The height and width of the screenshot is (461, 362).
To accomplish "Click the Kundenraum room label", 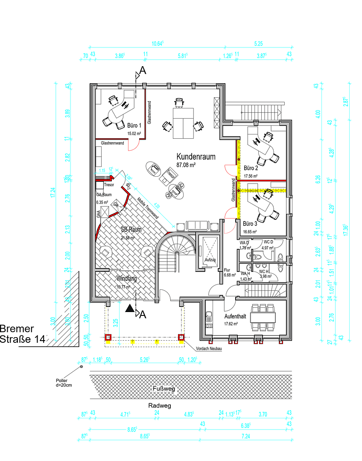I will coord(196,157).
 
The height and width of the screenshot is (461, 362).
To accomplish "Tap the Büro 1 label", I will coord(134,126).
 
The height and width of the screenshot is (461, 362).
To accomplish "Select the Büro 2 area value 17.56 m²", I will coord(251,176).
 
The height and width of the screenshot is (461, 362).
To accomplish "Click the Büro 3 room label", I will coord(250,223).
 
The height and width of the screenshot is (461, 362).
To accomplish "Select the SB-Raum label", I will coord(131,230).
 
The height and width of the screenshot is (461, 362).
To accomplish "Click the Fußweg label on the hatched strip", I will coord(164,389).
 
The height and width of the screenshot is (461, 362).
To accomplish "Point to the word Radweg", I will coord(160,406).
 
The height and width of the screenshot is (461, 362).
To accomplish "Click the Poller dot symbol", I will coord(81,367).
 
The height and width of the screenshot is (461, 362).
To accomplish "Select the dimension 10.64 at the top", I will coord(158,43).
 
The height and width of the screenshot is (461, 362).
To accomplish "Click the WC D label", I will coord(268,242).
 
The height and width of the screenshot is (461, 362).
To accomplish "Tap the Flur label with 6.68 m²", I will coord(228,272).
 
